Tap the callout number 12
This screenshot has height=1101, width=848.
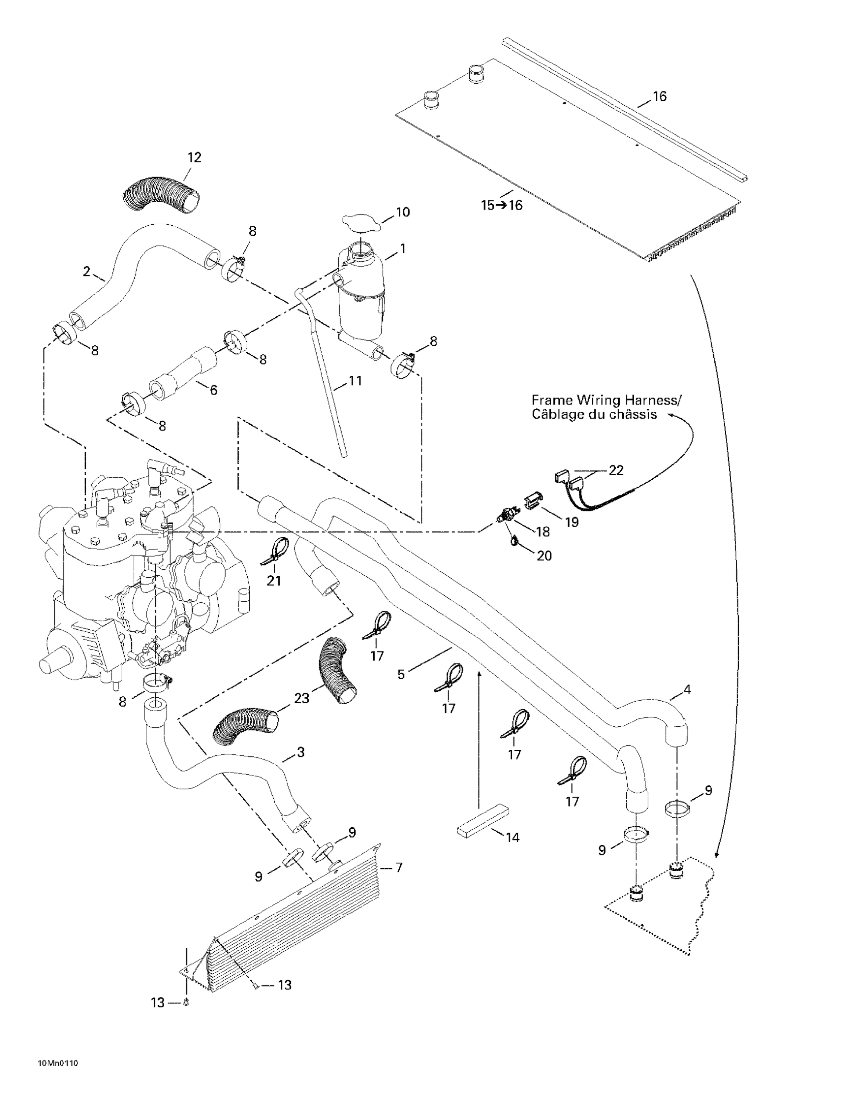point(194,157)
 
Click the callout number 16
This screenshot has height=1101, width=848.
point(659,96)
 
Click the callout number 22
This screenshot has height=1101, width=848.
point(616,470)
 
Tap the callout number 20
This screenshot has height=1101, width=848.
point(544,556)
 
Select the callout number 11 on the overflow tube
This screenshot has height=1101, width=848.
point(356,381)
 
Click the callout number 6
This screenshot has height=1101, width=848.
point(213,390)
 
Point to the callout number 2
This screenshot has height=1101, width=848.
point(86,272)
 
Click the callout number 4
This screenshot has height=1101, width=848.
point(687,689)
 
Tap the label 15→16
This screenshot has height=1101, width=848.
point(502,205)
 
